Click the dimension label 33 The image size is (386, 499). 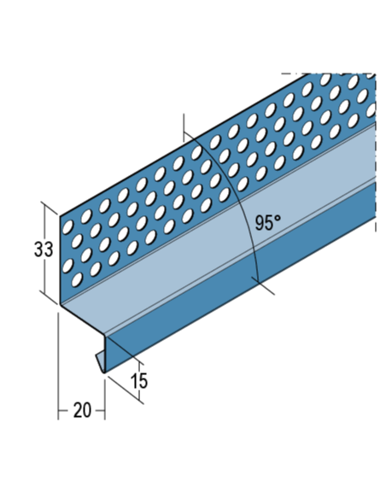coord(44,249)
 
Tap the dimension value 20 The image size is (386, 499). coord(82,410)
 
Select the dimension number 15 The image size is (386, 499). coord(139,381)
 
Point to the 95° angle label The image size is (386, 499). coord(268,222)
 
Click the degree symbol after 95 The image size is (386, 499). coord(278,219)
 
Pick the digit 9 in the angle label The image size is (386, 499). coord(260,222)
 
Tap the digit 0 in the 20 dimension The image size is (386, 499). coord(87,410)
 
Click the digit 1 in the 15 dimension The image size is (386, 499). coord(134,381)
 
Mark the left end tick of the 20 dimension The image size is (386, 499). coord(58,410)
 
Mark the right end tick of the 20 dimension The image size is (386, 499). coord(104,410)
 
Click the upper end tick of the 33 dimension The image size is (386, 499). coord(51,208)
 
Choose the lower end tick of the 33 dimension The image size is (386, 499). coord(51,297)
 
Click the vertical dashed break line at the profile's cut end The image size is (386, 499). coord(376,153)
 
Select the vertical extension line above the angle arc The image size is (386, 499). coord(184,127)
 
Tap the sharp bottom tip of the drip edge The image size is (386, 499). coord(104,373)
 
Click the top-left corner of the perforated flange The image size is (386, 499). coord(61,216)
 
